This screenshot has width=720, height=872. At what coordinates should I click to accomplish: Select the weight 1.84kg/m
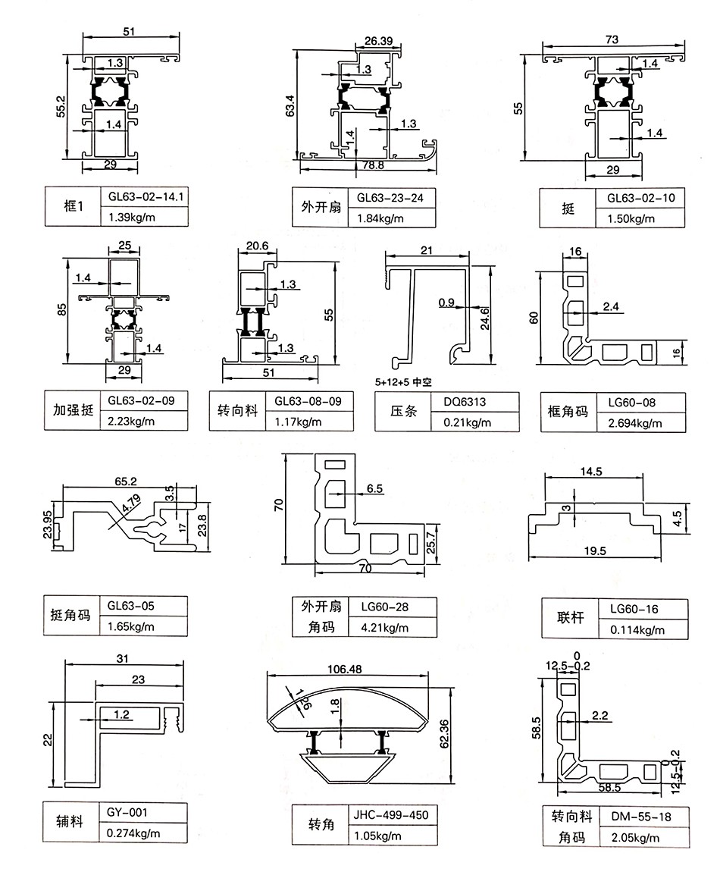coord(376,219)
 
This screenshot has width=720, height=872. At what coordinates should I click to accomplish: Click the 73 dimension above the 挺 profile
coord(612,39)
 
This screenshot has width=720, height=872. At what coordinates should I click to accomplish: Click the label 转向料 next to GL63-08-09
coord(236,412)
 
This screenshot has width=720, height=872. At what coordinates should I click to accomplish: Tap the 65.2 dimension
coord(127,481)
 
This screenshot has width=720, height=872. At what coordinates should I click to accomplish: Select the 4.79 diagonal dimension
coord(131,501)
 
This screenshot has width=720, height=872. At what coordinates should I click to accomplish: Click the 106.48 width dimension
coord(346,670)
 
